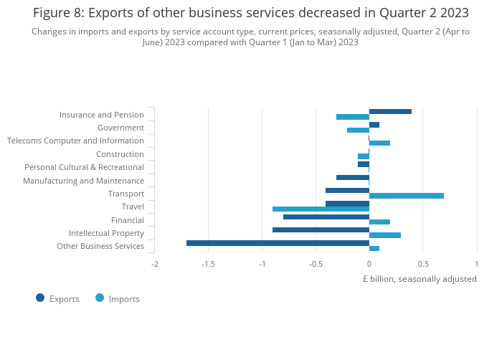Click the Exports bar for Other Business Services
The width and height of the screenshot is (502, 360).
278,243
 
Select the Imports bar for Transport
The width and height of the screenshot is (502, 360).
406,196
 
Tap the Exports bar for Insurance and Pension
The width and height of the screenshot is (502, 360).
390,111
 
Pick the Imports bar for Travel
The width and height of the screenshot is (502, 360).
321,209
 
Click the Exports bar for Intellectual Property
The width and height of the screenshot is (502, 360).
321,230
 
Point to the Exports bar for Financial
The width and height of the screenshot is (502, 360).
326,217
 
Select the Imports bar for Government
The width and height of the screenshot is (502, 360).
358,130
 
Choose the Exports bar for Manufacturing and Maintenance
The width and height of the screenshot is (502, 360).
353,177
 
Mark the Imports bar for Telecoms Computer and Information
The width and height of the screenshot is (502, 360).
379,143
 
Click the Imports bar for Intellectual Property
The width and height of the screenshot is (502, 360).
385,235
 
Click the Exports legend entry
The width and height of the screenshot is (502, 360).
58,298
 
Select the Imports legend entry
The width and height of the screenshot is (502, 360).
118,298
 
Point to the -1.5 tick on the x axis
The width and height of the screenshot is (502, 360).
208,264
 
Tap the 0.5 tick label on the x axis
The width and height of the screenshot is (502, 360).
422,264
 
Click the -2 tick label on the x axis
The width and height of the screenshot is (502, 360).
154,264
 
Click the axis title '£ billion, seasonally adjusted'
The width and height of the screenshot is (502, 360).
420,279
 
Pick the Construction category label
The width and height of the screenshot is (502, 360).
120,154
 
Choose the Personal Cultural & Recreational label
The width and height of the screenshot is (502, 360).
84,167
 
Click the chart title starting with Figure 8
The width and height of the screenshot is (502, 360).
251,13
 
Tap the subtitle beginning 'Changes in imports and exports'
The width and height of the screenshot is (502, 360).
251,37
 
